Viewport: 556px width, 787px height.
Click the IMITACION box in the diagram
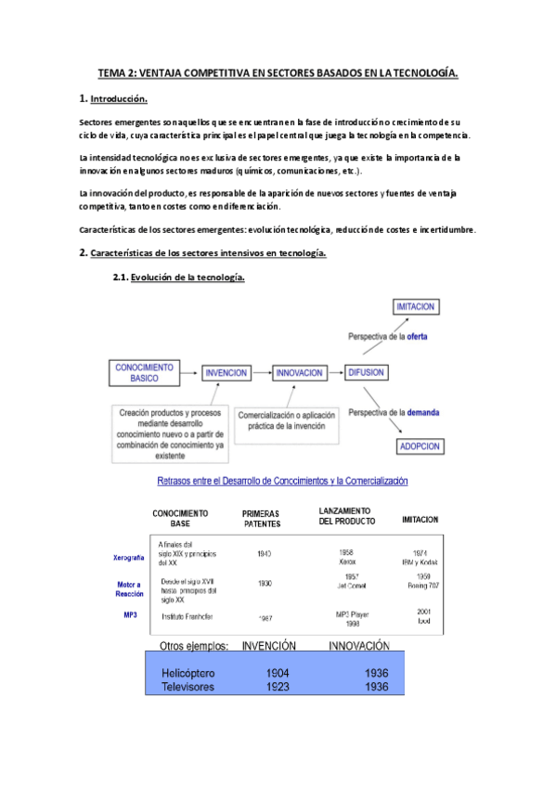(x=415, y=307)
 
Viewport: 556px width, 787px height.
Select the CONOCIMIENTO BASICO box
(x=137, y=372)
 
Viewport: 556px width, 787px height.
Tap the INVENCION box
(x=226, y=372)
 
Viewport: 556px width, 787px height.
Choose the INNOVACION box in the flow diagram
(x=299, y=372)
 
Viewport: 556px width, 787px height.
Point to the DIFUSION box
(x=369, y=372)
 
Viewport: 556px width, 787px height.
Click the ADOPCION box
(x=420, y=445)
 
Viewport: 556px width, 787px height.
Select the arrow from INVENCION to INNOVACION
(x=262, y=372)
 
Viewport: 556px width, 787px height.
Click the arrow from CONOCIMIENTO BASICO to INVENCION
(x=187, y=372)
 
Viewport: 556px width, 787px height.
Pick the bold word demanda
(x=420, y=411)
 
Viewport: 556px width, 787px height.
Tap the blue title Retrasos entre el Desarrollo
(x=283, y=481)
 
